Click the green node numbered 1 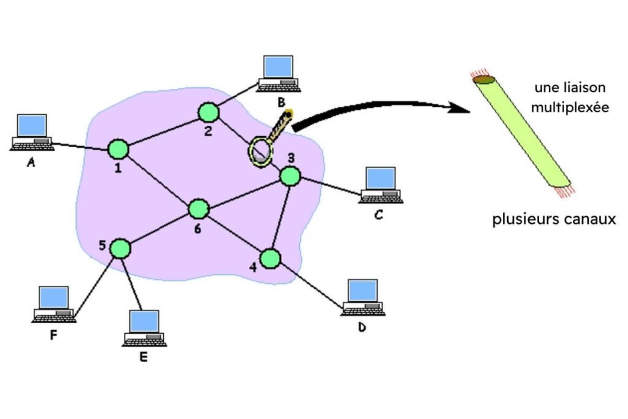(118, 148)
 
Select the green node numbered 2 (209, 112)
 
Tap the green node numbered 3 (290, 177)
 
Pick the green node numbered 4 (269, 259)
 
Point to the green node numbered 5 (120, 248)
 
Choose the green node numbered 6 (198, 209)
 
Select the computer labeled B (278, 74)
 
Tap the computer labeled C (381, 185)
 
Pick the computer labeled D (363, 298)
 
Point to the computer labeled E (145, 328)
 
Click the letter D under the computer (362, 328)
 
